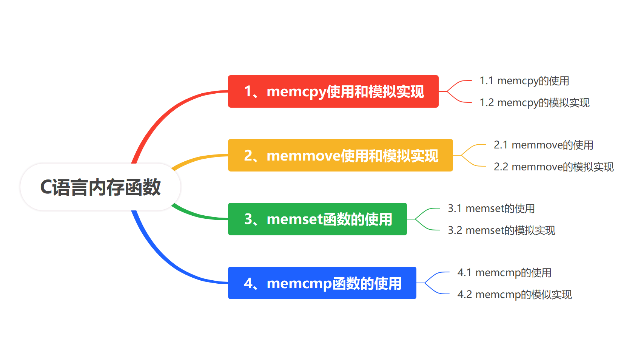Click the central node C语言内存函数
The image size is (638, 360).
point(100,187)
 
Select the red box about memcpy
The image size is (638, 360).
point(333,91)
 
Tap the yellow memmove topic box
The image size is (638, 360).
point(340,155)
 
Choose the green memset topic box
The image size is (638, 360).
point(317,219)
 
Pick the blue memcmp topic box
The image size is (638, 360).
point(322,283)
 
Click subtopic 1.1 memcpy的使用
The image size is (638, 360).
point(524,81)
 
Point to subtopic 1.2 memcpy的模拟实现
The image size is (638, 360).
point(534,103)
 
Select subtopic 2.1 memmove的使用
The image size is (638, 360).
point(543,145)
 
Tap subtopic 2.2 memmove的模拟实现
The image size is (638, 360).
point(553,167)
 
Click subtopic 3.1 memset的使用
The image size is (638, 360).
point(491,209)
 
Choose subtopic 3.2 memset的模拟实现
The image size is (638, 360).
point(501,230)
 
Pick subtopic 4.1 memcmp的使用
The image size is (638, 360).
point(504,273)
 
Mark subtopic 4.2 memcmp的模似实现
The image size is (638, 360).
point(515,295)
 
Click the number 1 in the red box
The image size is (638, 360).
point(248,91)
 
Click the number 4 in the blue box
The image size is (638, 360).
point(248,283)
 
